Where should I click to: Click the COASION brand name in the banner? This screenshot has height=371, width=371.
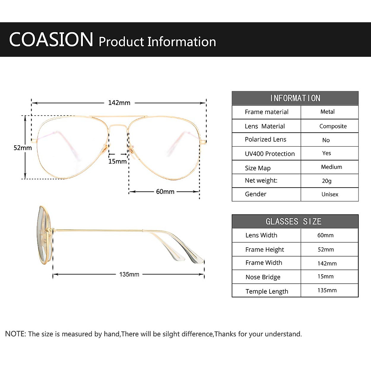click(51, 39)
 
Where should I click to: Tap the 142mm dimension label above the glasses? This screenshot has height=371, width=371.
click(119, 103)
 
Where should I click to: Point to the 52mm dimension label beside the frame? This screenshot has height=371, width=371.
click(23, 148)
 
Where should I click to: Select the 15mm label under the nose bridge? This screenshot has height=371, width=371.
click(117, 161)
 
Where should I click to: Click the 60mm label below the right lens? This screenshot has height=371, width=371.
click(165, 192)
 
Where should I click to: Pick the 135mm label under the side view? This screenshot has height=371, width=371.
click(129, 274)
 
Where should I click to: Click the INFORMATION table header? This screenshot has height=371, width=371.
click(295, 98)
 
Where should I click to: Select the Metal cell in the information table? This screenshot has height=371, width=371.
click(327, 112)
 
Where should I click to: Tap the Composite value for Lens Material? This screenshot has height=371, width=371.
click(333, 126)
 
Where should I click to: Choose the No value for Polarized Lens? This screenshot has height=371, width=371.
click(326, 140)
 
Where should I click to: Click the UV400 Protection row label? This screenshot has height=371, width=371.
click(270, 154)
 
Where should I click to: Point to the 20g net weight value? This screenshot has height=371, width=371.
click(327, 181)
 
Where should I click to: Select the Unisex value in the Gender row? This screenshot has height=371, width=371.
click(330, 194)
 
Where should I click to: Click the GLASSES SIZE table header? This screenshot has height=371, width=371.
click(293, 221)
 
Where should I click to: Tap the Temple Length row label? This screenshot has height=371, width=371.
click(267, 292)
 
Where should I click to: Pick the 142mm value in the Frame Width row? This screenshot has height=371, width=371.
click(327, 263)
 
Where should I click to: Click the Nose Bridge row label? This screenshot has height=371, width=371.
click(263, 277)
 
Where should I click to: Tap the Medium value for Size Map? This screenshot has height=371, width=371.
click(331, 167)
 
